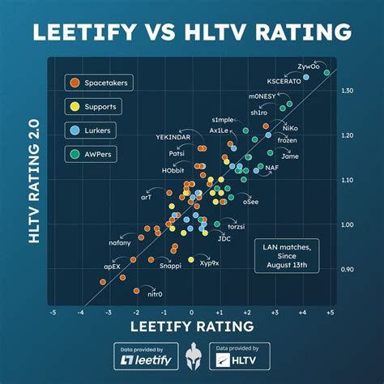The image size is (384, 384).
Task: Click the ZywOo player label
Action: coord(308,66)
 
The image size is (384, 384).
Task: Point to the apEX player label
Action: coord(112,265)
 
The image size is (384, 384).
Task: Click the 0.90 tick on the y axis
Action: coord(347,269)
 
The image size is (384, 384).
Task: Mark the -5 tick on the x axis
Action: coord(53,311)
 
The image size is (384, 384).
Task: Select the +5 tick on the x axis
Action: coord(330,311)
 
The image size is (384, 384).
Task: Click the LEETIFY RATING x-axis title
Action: coord(191,326)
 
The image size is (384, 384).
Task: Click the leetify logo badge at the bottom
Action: coord(145,356)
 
